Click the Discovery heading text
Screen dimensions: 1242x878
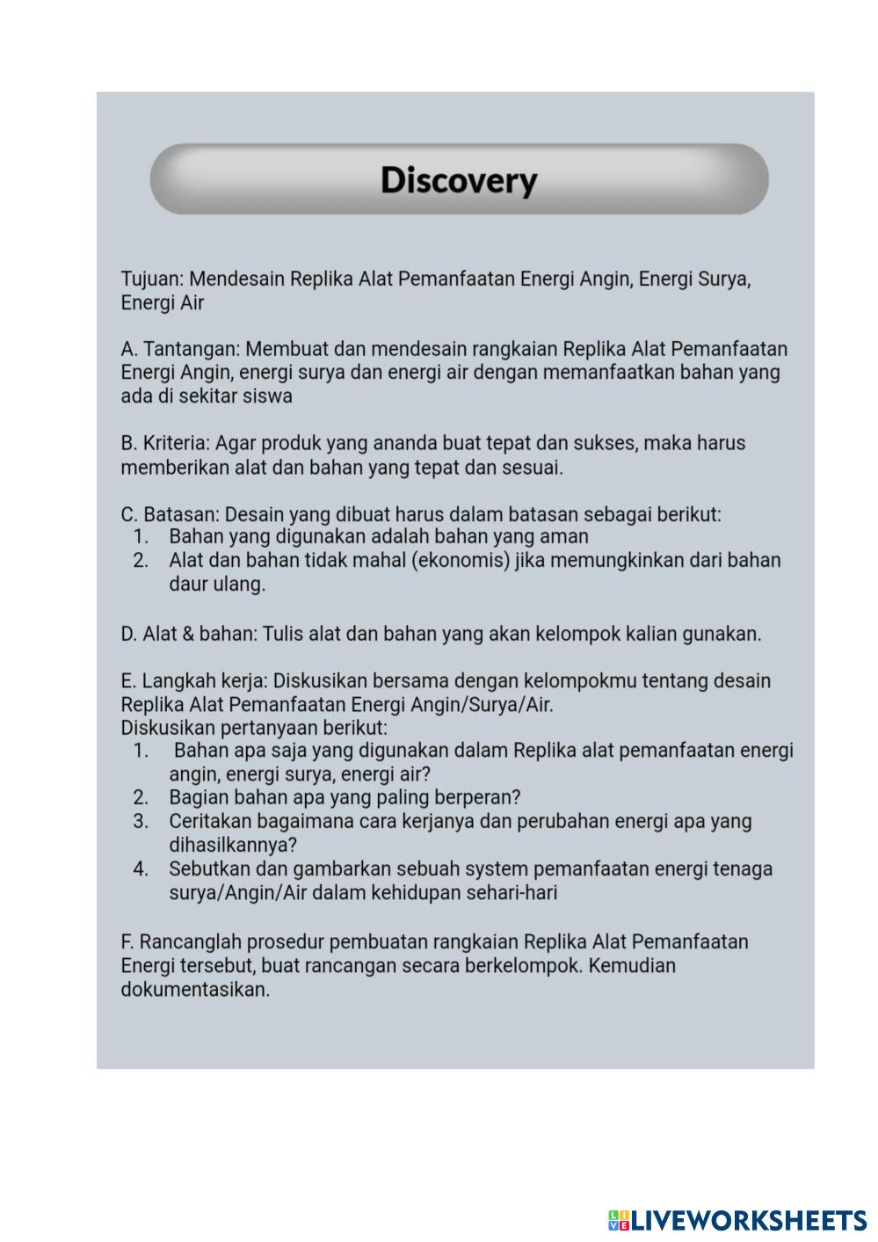click(x=458, y=180)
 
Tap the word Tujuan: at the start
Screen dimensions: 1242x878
click(x=152, y=280)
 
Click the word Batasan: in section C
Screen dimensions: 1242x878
click(x=181, y=514)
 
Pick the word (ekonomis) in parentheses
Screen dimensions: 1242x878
click(x=461, y=561)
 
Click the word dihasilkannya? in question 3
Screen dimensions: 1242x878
click(x=233, y=846)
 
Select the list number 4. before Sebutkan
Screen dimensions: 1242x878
click(x=141, y=869)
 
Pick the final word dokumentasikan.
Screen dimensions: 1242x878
click(x=195, y=990)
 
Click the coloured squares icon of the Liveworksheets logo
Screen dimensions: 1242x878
click(x=619, y=1220)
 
